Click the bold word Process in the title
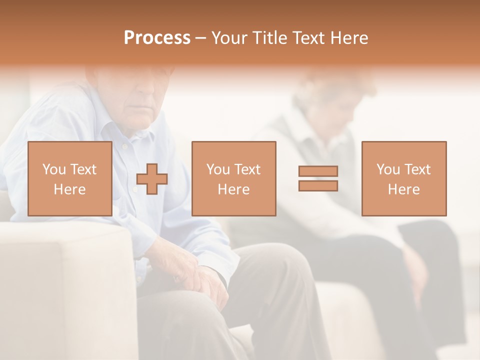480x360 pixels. click(x=157, y=38)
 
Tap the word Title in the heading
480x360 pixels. click(x=269, y=38)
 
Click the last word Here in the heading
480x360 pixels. click(x=348, y=38)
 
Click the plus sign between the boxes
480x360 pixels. click(x=152, y=178)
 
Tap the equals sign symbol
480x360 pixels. click(x=318, y=178)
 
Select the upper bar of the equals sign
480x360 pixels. click(x=318, y=171)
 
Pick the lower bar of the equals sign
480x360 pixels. click(x=318, y=186)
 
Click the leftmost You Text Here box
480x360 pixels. click(x=69, y=178)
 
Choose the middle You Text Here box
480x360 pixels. click(x=233, y=178)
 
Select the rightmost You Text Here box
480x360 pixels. click(x=403, y=178)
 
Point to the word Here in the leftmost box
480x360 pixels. click(x=69, y=189)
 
